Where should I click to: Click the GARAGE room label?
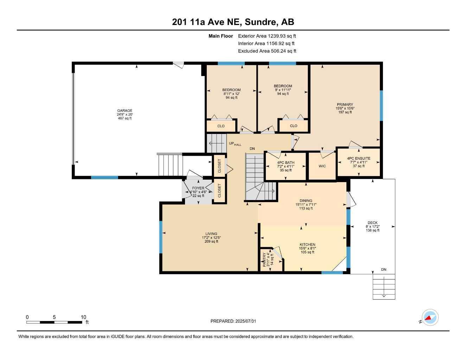tap(125, 111)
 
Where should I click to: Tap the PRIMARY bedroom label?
tap(345, 104)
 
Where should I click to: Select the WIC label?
tap(322, 166)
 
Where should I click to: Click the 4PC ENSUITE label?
tap(359, 158)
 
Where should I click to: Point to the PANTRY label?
tap(264, 259)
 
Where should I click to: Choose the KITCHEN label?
tap(307, 244)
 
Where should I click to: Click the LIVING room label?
tap(211, 234)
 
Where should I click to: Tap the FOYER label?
tap(198, 188)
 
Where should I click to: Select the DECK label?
tap(372, 223)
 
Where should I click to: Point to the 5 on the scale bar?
tap(54, 317)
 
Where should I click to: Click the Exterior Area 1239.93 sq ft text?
tap(267, 36)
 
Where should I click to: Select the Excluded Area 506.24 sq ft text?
tap(267, 51)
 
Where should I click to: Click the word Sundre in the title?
tap(260, 22)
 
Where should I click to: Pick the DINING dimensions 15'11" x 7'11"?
tap(306, 205)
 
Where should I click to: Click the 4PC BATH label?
tap(286, 163)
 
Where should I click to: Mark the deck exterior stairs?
tap(384, 287)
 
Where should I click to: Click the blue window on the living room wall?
tap(161, 237)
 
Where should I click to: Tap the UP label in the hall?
tap(231, 143)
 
